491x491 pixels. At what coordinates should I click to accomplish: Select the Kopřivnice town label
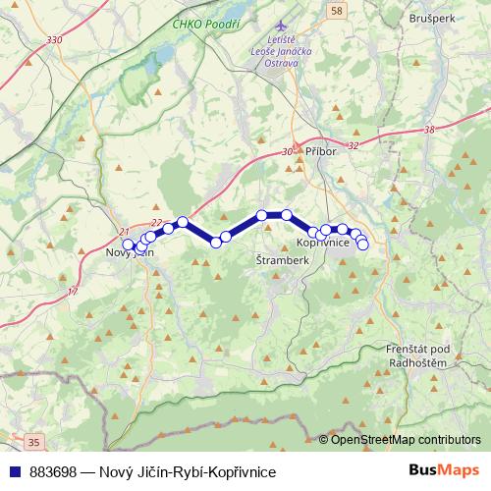click(x=323, y=243)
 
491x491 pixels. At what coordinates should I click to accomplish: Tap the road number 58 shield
click(x=338, y=10)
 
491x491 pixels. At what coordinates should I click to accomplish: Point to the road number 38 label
click(x=429, y=130)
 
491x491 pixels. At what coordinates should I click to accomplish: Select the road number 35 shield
click(x=36, y=443)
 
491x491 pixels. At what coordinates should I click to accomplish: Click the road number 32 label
click(x=354, y=145)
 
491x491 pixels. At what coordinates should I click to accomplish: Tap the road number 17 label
click(x=72, y=293)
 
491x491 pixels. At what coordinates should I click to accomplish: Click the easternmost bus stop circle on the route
click(x=362, y=244)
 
